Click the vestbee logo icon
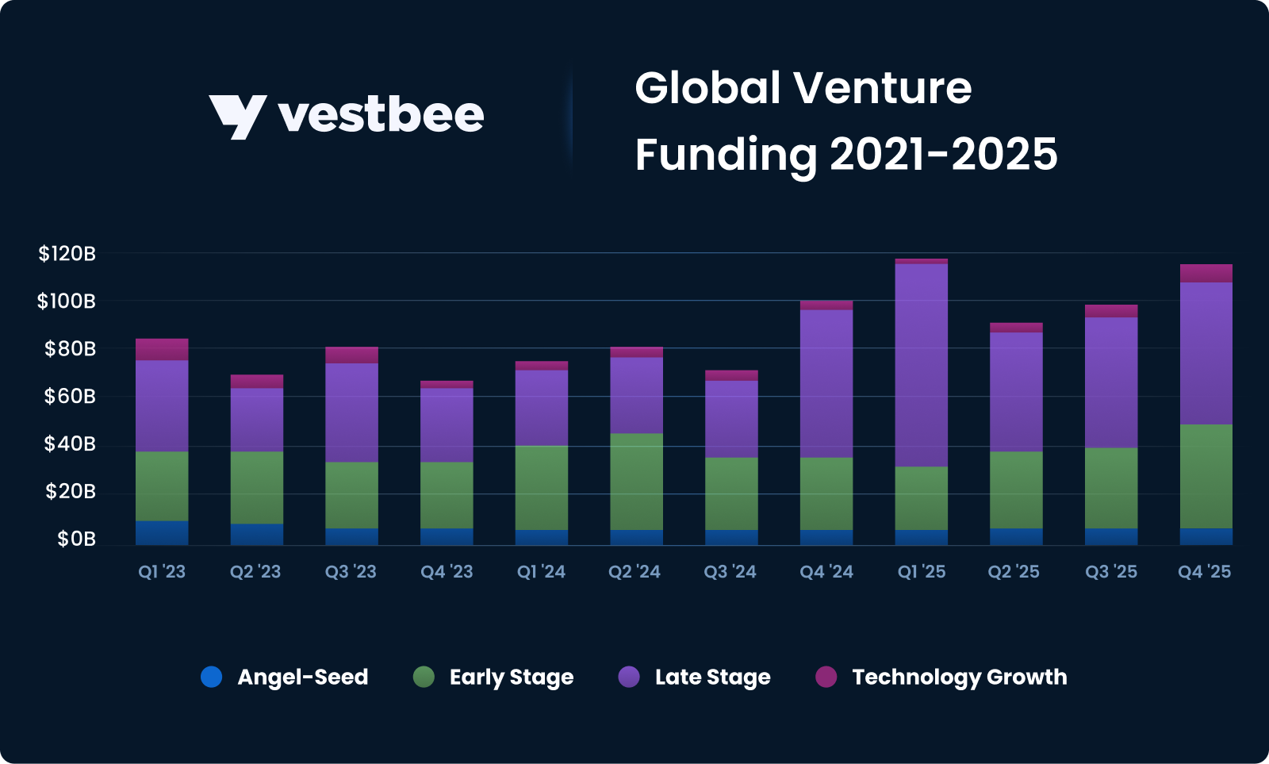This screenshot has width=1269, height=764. click(236, 116)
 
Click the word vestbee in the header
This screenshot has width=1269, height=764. click(381, 116)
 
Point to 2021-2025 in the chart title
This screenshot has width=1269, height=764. click(943, 154)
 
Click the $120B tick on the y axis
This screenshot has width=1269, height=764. click(67, 254)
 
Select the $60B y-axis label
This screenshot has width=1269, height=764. click(70, 396)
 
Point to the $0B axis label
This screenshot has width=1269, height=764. click(76, 539)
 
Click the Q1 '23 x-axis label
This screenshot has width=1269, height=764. click(162, 572)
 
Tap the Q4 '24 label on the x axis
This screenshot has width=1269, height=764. click(826, 572)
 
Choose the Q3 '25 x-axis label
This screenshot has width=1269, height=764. click(1111, 572)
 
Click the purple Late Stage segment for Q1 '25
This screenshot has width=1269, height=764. click(922, 365)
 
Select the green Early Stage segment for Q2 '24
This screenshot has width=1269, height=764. click(636, 482)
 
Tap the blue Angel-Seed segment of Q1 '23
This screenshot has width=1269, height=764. click(162, 533)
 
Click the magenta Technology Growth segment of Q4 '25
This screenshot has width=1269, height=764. click(1206, 273)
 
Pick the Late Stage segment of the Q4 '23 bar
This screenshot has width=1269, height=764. click(447, 425)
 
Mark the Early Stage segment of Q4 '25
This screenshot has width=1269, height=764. click(1206, 476)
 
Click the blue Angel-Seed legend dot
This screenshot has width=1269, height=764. click(212, 677)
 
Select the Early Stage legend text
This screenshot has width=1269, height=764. click(511, 677)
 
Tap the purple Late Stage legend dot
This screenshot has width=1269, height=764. click(629, 677)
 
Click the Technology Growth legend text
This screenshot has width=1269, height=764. click(959, 677)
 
